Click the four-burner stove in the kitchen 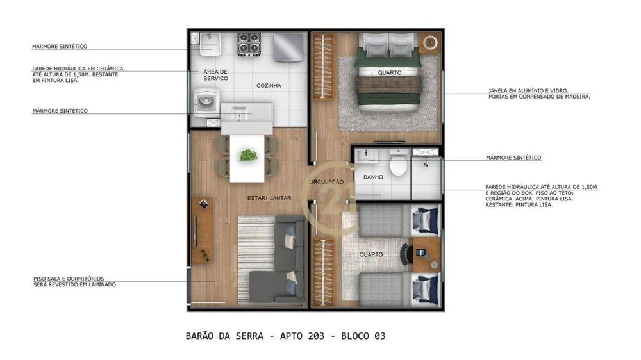click(x=248, y=45)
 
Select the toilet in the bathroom click(x=398, y=164)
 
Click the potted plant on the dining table click(x=248, y=155)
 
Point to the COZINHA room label click(x=269, y=85)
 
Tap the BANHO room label click(x=373, y=177)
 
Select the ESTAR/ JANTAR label click(x=269, y=198)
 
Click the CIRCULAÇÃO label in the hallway click(x=326, y=182)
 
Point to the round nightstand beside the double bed click(x=430, y=44)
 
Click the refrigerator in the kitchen click(x=288, y=47)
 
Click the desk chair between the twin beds click(x=405, y=254)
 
